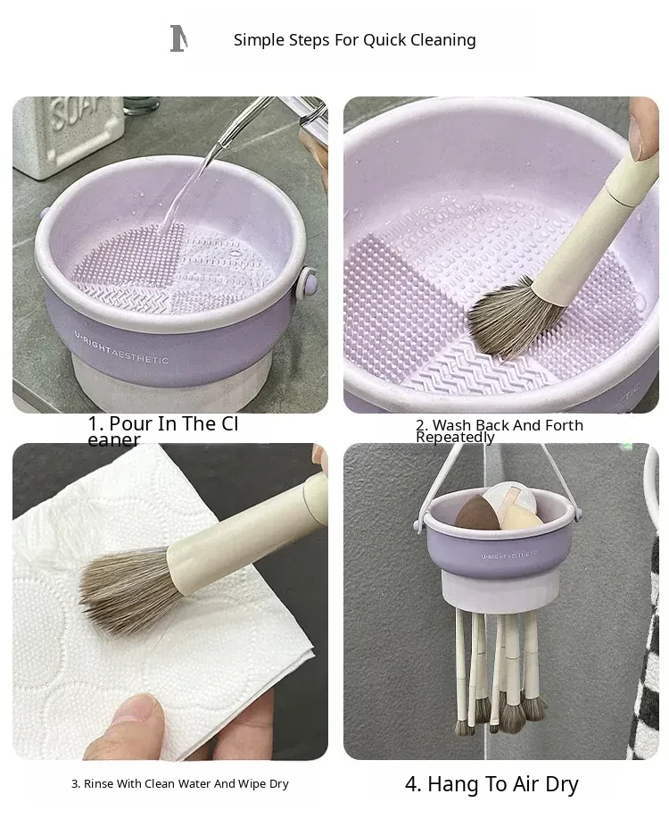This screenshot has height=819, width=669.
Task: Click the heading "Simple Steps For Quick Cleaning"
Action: [354, 39]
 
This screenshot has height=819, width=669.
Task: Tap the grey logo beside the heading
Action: [178, 38]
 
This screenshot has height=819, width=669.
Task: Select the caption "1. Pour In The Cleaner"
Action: [163, 430]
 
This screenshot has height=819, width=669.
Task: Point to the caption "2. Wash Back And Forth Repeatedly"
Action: [500, 430]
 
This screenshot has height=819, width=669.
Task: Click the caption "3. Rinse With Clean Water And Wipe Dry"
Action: [180, 783]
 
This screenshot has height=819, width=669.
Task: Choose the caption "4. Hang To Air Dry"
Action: [491, 784]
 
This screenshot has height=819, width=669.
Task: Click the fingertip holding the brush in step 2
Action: [643, 130]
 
